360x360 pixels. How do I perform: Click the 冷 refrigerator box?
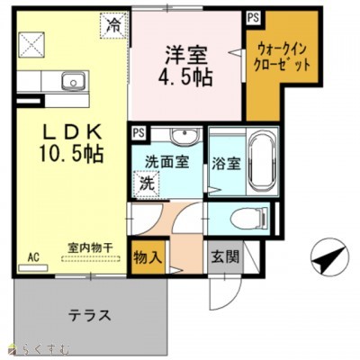click(113, 24)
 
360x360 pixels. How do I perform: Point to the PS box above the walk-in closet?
click(253, 17)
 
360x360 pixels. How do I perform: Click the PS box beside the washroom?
click(139, 132)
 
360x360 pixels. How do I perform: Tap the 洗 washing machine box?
click(143, 183)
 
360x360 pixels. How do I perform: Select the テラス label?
click(91, 316)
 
